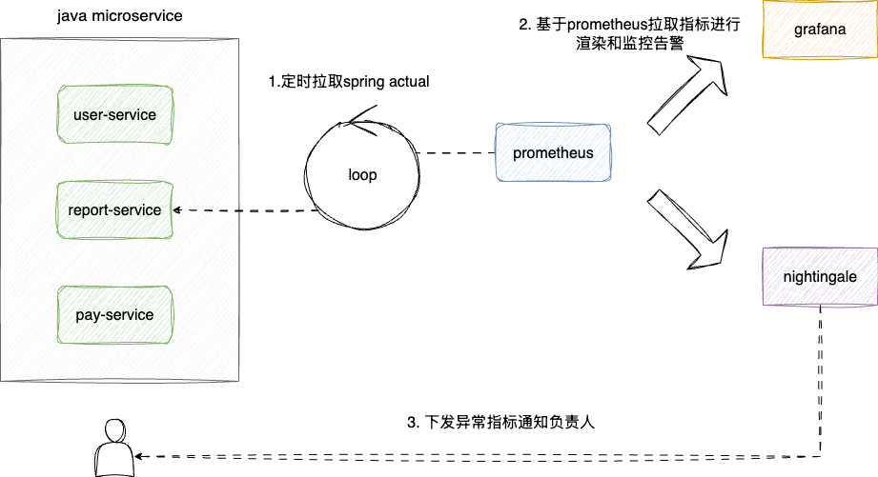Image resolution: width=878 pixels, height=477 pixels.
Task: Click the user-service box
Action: pyautogui.click(x=114, y=115)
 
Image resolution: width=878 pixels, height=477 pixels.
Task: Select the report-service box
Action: pyautogui.click(x=114, y=209)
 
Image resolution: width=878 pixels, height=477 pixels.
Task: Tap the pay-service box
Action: pyautogui.click(x=114, y=314)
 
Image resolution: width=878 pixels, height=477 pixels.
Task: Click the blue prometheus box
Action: pyautogui.click(x=553, y=153)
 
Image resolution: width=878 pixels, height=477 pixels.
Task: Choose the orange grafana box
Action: pyautogui.click(x=819, y=30)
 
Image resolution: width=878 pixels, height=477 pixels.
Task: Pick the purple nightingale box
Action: pyautogui.click(x=819, y=277)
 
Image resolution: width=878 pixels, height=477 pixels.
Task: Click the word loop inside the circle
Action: pyautogui.click(x=362, y=174)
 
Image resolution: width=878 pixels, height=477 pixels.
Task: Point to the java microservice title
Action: pyautogui.click(x=119, y=17)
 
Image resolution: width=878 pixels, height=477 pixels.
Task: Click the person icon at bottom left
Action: pyautogui.click(x=113, y=449)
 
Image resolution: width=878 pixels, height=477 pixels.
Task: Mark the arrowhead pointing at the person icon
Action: pyautogui.click(x=143, y=454)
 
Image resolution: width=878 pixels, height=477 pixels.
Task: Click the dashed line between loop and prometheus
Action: pyautogui.click(x=456, y=153)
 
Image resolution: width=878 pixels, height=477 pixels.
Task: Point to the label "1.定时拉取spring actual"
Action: pyautogui.click(x=348, y=82)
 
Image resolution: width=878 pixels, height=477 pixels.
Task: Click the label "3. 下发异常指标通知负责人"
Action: pyautogui.click(x=500, y=422)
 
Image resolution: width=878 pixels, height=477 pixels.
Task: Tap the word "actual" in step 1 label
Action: pyautogui.click(x=408, y=82)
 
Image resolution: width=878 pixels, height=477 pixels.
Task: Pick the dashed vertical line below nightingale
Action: pyautogui.click(x=820, y=381)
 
